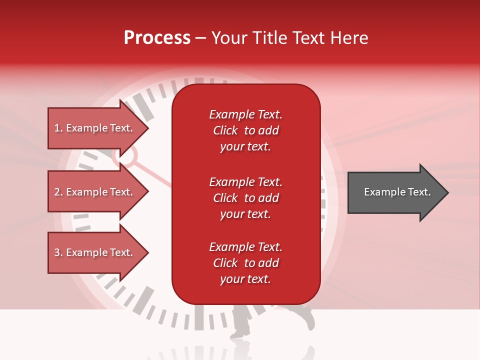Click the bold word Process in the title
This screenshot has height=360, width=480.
(x=157, y=38)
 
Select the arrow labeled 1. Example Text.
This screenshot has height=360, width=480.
(x=95, y=128)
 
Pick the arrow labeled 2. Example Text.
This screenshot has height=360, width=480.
(x=95, y=192)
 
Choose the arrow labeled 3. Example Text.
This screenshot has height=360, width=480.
(x=95, y=252)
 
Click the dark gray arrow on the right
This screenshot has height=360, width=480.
(x=395, y=192)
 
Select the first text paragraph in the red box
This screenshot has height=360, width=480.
(x=245, y=130)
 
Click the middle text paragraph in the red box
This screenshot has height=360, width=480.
(x=245, y=198)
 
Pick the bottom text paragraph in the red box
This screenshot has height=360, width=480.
(x=245, y=263)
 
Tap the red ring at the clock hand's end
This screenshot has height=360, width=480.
(x=125, y=156)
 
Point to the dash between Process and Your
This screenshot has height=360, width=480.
(x=200, y=38)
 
